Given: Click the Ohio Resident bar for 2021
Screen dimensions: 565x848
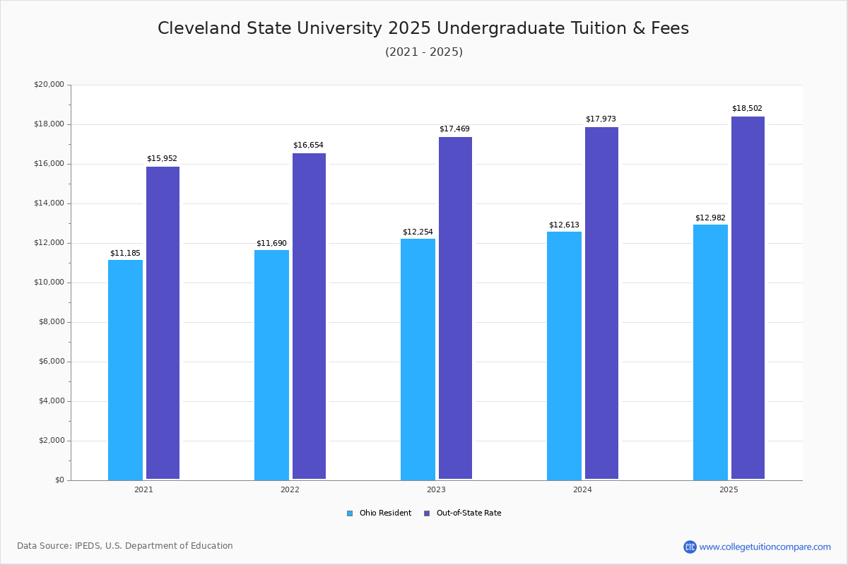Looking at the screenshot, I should coord(125,369).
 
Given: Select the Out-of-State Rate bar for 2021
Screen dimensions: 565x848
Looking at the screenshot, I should coord(163,323).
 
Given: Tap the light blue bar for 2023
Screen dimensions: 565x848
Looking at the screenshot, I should coord(418,359).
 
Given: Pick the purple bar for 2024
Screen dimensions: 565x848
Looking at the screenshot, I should coord(601,303).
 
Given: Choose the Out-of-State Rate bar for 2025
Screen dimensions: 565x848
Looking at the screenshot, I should coord(748,297).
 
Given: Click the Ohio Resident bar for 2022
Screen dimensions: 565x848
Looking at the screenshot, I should coord(271,364).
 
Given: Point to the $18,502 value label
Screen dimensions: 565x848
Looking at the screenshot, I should coord(747,109).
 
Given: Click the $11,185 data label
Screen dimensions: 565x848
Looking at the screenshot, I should coord(125,253).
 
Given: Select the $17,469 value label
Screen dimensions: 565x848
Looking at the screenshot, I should coord(454,129).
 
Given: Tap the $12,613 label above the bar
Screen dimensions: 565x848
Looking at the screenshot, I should coord(564,225).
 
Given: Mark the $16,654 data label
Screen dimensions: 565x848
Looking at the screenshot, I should coord(308,145).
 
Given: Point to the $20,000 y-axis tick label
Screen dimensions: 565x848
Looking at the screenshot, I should coord(49,85).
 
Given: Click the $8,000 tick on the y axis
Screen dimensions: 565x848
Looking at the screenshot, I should coord(51,322).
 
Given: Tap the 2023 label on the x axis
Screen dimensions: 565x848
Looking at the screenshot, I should coord(436,489).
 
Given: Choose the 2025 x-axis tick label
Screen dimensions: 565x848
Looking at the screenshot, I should coord(729,489).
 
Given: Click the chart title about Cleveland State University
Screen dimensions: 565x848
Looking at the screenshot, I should coord(423,28).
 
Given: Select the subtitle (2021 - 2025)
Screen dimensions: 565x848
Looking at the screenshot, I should coord(424,52).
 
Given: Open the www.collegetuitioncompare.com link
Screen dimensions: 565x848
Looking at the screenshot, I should coord(765,547).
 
